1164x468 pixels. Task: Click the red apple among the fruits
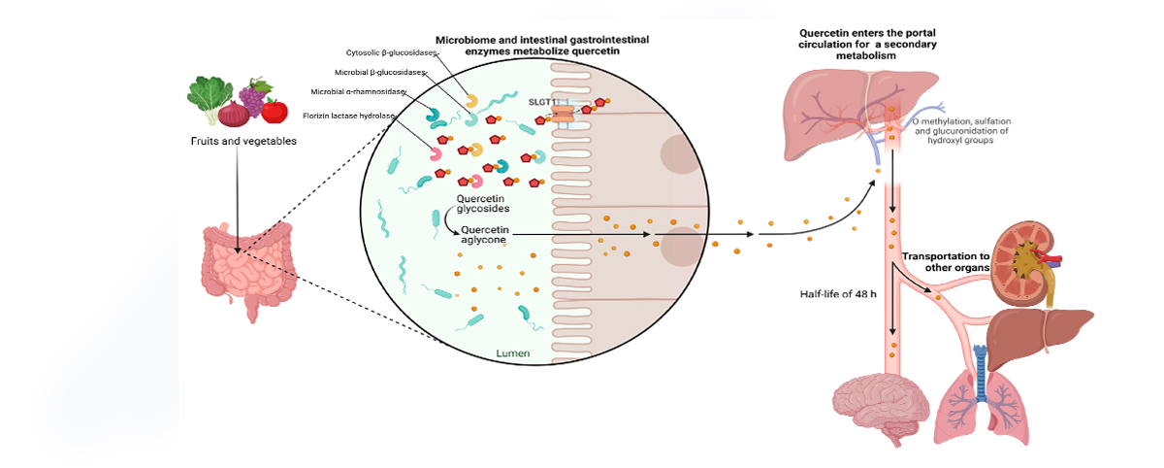point(275,111)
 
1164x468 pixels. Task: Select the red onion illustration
point(234,114)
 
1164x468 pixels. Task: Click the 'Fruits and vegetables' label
point(243,141)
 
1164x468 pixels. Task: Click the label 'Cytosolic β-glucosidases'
point(391,52)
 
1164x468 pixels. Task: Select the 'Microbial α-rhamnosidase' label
point(358,91)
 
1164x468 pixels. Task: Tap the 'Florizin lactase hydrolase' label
point(348,116)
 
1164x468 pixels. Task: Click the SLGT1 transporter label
point(542,102)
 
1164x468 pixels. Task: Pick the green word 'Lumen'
point(513,353)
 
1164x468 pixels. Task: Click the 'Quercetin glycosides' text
point(483,203)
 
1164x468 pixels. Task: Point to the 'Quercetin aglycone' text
point(484,235)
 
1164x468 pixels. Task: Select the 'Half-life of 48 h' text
point(838,294)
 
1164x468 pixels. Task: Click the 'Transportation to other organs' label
point(946,261)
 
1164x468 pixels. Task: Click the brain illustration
point(881,407)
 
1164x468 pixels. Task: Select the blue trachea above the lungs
point(981,373)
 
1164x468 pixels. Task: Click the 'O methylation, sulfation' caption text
point(961,121)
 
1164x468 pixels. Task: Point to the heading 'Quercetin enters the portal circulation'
point(867,39)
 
